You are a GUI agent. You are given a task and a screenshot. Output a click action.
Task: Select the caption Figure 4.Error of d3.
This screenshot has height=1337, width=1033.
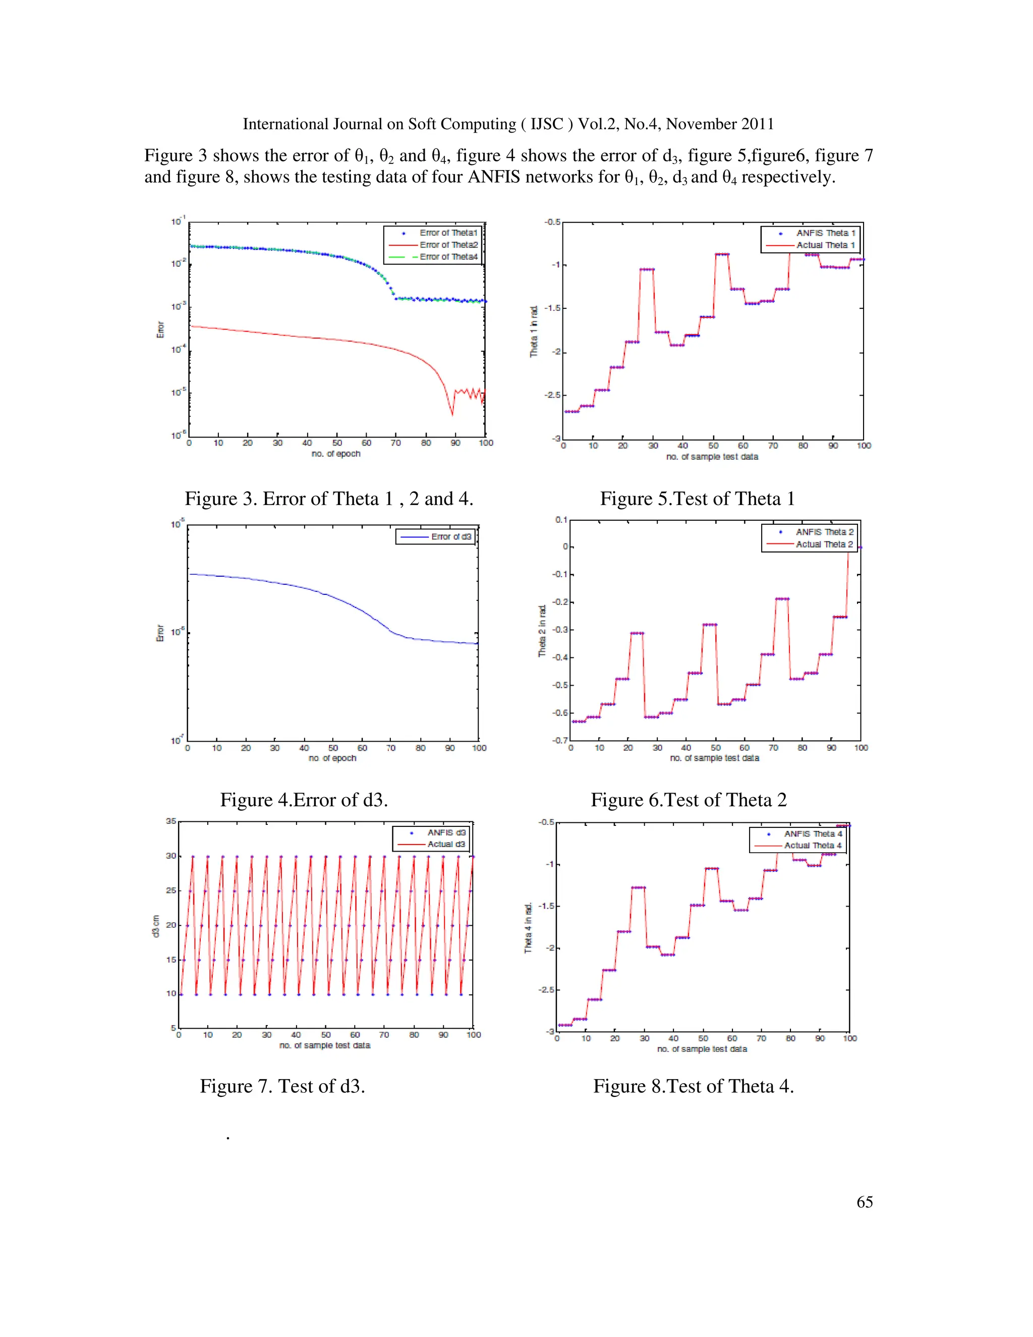(x=304, y=800)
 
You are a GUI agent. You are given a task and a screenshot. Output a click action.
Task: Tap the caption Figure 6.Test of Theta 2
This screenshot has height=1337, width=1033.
(x=688, y=800)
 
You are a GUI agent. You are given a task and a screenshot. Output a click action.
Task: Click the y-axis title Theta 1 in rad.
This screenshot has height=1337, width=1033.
(x=534, y=331)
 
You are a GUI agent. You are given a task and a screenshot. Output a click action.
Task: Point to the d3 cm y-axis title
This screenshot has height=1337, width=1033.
(x=155, y=926)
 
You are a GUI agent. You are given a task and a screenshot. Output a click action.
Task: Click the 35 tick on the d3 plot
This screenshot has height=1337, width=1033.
(x=171, y=821)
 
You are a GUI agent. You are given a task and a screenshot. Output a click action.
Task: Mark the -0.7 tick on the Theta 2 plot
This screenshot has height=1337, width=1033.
(x=560, y=740)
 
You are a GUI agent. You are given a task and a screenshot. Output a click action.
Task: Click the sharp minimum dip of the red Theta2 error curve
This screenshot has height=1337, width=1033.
(x=452, y=414)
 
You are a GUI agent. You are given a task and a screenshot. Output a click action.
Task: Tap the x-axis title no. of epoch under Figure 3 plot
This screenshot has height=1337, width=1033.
(x=335, y=454)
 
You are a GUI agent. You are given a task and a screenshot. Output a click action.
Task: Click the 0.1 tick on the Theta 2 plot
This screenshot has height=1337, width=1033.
(x=561, y=520)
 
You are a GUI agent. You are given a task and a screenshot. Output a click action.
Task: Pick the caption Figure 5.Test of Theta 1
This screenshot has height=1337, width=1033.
(x=697, y=498)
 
